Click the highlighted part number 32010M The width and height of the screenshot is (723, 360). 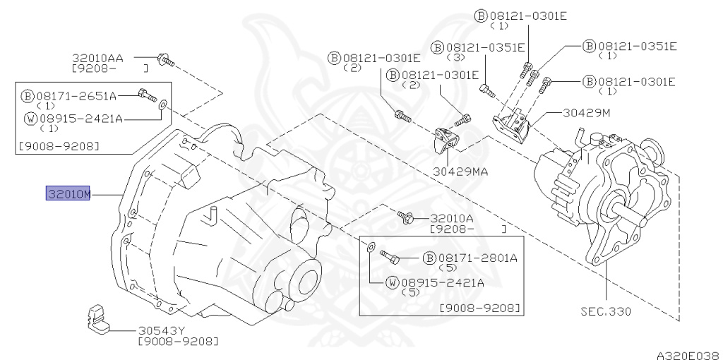[x=68, y=193]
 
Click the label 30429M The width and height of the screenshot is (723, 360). [x=587, y=112]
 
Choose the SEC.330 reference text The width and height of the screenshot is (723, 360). [x=606, y=311]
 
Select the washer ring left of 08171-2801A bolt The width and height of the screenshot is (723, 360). [x=371, y=247]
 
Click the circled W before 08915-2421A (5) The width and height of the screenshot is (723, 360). [x=393, y=283]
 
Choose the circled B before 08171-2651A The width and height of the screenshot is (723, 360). [x=28, y=95]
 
